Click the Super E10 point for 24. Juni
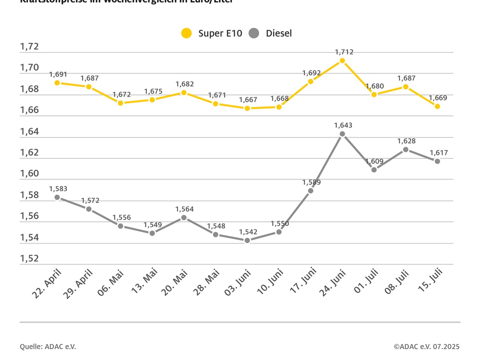click(x=342, y=61)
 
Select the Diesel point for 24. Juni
click(x=342, y=134)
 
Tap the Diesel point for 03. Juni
click(x=247, y=240)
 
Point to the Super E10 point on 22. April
click(x=57, y=83)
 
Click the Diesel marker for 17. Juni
click(x=311, y=191)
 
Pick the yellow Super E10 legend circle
click(x=186, y=33)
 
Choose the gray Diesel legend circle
click(x=254, y=33)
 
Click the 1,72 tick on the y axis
click(x=29, y=47)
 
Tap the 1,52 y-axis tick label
click(x=29, y=258)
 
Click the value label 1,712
click(x=344, y=52)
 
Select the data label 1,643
click(x=344, y=126)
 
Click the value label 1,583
click(x=58, y=188)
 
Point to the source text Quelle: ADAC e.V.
click(x=48, y=346)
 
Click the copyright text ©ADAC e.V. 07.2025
click(x=426, y=346)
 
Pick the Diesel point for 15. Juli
click(x=437, y=161)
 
